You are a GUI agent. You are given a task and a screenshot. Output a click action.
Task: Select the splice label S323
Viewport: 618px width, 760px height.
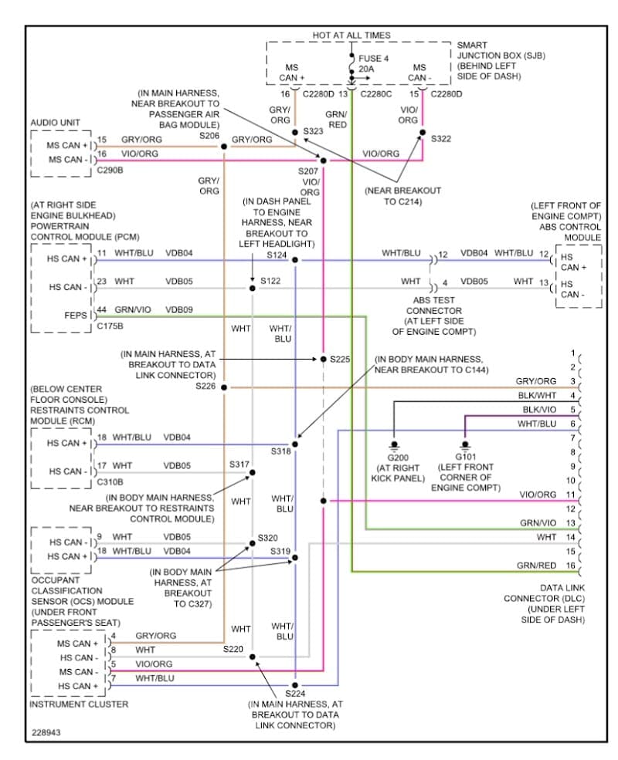[x=313, y=131]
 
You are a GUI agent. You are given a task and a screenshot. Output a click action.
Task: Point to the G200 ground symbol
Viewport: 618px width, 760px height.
[x=394, y=445]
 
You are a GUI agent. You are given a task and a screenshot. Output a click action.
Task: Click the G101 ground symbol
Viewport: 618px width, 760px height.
[x=465, y=445]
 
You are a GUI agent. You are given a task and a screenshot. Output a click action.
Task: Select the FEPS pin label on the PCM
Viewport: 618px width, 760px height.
[x=76, y=316]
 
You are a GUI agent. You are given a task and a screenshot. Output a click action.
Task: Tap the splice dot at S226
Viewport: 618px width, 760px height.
[x=224, y=387]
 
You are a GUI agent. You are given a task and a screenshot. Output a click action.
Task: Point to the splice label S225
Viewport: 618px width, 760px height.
[x=340, y=360]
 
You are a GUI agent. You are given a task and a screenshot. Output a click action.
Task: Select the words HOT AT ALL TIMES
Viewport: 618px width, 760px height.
[x=351, y=35]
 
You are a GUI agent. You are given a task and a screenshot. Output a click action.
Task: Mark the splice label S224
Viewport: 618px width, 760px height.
[x=295, y=694]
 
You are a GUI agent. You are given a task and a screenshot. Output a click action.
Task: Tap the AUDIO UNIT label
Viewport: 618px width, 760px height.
[x=55, y=123]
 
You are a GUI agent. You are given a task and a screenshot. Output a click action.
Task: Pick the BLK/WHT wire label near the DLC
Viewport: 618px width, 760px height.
[x=537, y=396]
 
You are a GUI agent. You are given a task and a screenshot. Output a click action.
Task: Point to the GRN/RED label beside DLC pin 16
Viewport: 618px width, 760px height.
[x=536, y=566]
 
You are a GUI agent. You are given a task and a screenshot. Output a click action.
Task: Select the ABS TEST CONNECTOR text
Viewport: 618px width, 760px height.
[x=433, y=311]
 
